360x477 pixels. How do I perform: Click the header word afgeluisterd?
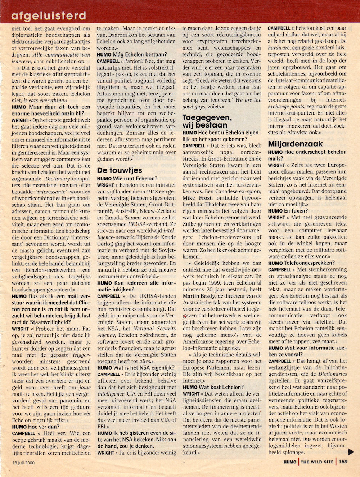pos(49,15)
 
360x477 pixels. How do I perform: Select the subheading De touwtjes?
pos(120,170)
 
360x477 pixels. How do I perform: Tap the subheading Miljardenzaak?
pos(295,144)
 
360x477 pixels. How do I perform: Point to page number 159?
pos(342,462)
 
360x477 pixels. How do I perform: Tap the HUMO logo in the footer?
pos(290,462)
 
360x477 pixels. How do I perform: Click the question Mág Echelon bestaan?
pos(135,54)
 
